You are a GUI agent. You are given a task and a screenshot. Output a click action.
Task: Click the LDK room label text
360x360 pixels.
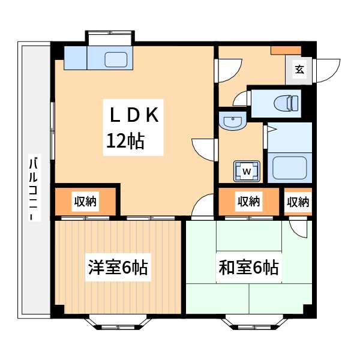[x=133, y=115]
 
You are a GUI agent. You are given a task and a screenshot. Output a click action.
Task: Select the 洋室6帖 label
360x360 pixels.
[x=118, y=267]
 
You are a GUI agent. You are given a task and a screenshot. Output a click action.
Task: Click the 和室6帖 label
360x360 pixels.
[x=248, y=267]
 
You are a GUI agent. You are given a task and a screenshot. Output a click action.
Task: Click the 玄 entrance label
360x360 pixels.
[x=299, y=70]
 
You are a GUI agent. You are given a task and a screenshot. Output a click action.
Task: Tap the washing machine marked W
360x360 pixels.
[x=247, y=171]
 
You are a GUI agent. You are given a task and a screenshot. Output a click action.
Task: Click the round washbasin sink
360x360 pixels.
[x=231, y=122]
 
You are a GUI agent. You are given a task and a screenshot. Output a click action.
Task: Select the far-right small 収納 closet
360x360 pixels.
[x=298, y=202]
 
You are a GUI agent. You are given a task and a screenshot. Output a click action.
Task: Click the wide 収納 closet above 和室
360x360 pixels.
[x=248, y=202]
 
